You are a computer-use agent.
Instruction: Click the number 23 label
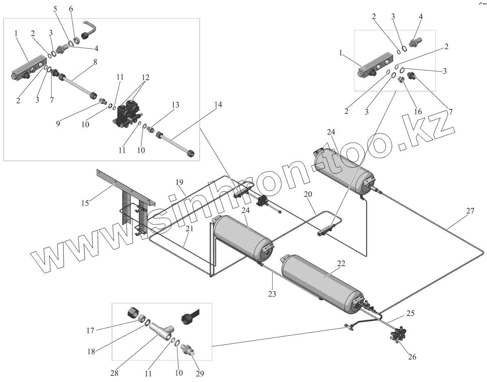272,294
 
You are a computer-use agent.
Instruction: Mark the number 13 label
175,105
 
